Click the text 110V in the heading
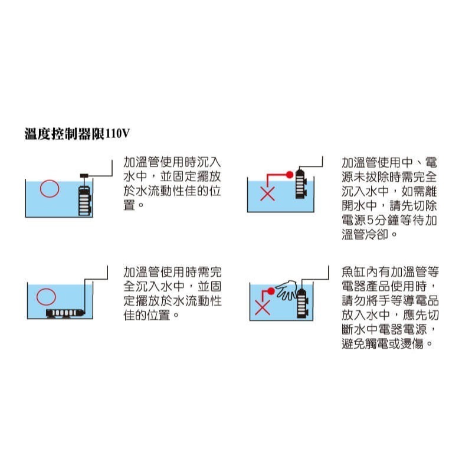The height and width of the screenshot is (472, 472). [x=116, y=134]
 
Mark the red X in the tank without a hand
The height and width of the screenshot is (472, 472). [x=267, y=194]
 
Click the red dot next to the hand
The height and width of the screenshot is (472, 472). [x=271, y=291]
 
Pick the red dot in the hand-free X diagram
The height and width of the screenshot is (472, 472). [x=289, y=175]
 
